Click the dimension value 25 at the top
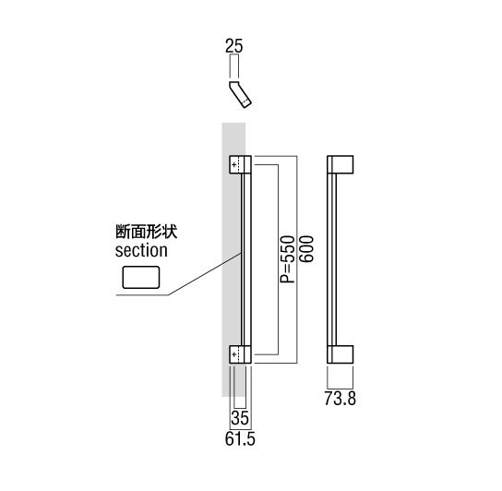pos(234,46)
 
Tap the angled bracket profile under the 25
pos(240,94)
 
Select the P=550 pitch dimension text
pos(287,259)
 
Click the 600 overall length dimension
pos(306,249)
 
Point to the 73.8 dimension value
pos(340,399)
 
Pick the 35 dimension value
pos(240,418)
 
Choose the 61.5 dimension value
pos(240,438)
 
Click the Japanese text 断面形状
pos(147,232)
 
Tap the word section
pos(141,250)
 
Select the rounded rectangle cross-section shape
pos(141,278)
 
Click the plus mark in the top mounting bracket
pos(234,165)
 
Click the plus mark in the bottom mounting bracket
pos(234,354)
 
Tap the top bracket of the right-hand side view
pos(340,164)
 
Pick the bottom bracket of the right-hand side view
pos(340,354)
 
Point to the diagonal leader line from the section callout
pos(205,274)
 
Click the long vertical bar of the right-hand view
pos(332,259)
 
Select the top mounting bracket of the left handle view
pos(241,164)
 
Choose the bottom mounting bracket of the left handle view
pos(241,354)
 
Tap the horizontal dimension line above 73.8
pos(340,389)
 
